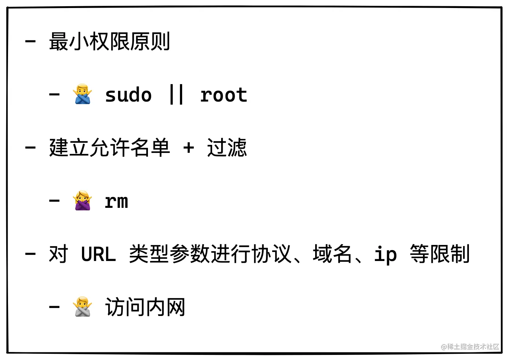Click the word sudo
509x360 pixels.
[x=128, y=95]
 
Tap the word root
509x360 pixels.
[x=224, y=95]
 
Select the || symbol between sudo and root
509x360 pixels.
[x=176, y=95]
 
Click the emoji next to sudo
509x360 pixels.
[x=83, y=94]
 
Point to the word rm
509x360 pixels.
[x=116, y=201]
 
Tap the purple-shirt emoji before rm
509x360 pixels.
[x=83, y=201]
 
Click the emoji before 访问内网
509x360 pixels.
[x=83, y=307]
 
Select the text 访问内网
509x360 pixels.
[x=145, y=307]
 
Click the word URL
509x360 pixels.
[x=98, y=254]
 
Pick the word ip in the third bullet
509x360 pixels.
[x=385, y=254]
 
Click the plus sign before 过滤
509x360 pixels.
[x=188, y=148]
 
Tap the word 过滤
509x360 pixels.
[x=227, y=148]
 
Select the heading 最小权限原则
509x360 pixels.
[x=109, y=41]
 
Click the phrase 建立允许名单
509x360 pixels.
[x=109, y=148]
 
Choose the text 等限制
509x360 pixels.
[x=440, y=254]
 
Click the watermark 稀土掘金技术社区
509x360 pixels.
[x=470, y=347]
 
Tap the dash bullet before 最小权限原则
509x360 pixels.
[x=30, y=41]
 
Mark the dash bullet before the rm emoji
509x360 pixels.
[x=54, y=201]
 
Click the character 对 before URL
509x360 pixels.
[x=59, y=254]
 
